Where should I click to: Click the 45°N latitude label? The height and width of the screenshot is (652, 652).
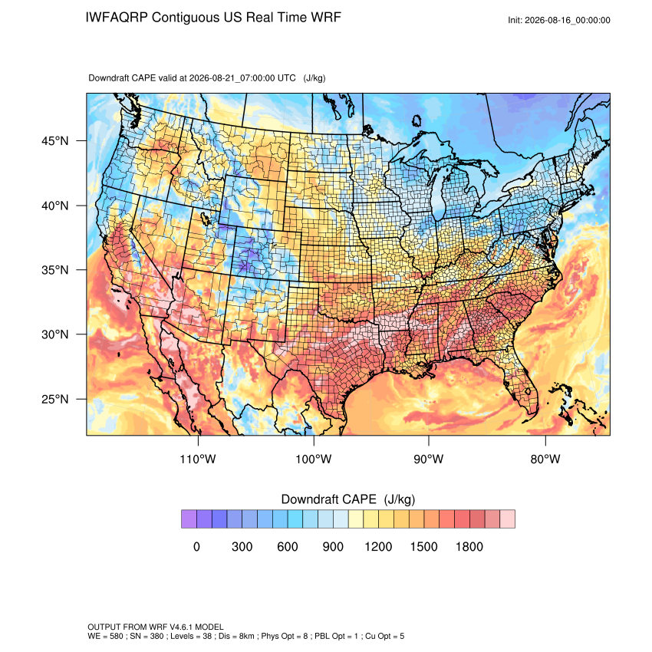tap(55, 141)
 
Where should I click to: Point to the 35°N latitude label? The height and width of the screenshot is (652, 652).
tap(55, 270)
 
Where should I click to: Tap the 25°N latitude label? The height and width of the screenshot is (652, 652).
tap(55, 399)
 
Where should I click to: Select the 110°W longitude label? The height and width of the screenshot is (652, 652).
tap(198, 459)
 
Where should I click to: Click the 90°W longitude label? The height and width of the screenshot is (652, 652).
tap(429, 459)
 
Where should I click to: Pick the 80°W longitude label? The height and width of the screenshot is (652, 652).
tap(545, 459)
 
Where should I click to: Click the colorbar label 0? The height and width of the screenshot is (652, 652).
tap(196, 546)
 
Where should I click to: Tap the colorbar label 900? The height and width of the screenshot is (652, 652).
tap(333, 546)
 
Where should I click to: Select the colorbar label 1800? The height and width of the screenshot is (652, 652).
tap(469, 546)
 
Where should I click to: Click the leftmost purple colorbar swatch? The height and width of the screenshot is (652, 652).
tap(189, 519)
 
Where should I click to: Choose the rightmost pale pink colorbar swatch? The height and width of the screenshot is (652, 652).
tap(507, 519)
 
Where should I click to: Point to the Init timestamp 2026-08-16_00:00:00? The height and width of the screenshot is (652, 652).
tap(568, 21)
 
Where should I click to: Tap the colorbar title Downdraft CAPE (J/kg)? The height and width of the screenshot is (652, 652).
tap(348, 499)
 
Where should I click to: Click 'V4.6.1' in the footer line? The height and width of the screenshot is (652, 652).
tap(181, 627)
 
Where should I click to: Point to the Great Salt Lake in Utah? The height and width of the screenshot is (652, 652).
tap(205, 218)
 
